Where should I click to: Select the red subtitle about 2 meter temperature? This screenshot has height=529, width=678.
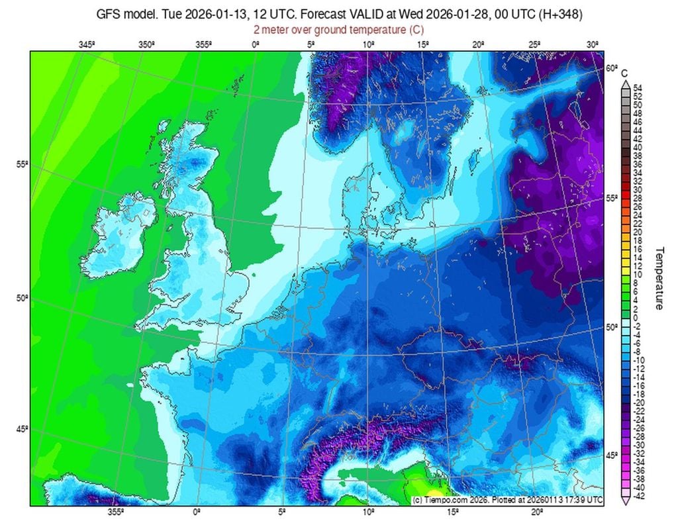pyautogui.click(x=338, y=30)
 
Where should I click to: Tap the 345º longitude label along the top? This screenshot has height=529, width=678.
pyautogui.click(x=87, y=44)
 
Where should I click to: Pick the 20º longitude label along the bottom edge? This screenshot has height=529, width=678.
pyautogui.click(x=537, y=512)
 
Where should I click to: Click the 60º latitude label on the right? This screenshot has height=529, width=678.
pyautogui.click(x=611, y=68)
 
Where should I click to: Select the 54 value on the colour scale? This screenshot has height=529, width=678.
pyautogui.click(x=638, y=88)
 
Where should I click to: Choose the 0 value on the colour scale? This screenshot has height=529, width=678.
pyautogui.click(x=636, y=318)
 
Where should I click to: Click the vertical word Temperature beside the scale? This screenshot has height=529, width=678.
pyautogui.click(x=659, y=278)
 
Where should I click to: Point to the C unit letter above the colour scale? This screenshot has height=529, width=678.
pyautogui.click(x=624, y=73)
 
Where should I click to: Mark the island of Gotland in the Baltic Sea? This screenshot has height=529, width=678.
pyautogui.click(x=474, y=159)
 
